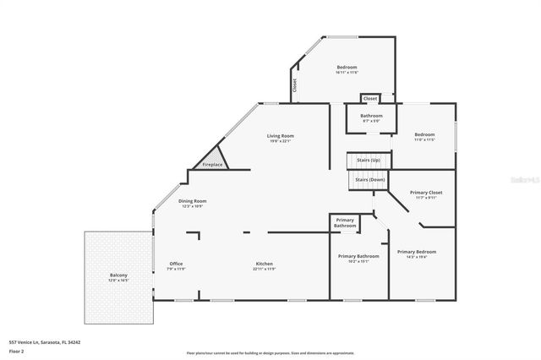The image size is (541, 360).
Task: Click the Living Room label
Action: click(281, 135)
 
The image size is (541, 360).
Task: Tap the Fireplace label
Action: click(211, 165)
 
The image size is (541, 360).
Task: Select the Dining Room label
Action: click(193, 201)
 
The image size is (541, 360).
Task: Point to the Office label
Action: click(176, 264)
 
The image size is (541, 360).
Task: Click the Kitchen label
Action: click(265, 264)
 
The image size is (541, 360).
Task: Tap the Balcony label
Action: click(118, 275)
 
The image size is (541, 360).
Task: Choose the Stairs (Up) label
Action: click(369, 160)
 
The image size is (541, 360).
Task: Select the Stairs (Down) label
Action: click(369, 180)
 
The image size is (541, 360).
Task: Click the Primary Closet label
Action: click(426, 193)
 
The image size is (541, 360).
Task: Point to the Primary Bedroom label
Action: click(418, 252)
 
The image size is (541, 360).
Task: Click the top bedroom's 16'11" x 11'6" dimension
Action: click(347, 73)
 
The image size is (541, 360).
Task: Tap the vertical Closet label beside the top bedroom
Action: click(295, 85)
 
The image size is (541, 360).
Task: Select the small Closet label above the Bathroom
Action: click(370, 99)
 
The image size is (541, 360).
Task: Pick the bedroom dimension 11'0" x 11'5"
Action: click(424, 140)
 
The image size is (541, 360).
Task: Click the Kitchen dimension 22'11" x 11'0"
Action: click(265, 270)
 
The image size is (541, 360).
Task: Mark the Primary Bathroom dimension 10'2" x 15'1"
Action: click(358, 261)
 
